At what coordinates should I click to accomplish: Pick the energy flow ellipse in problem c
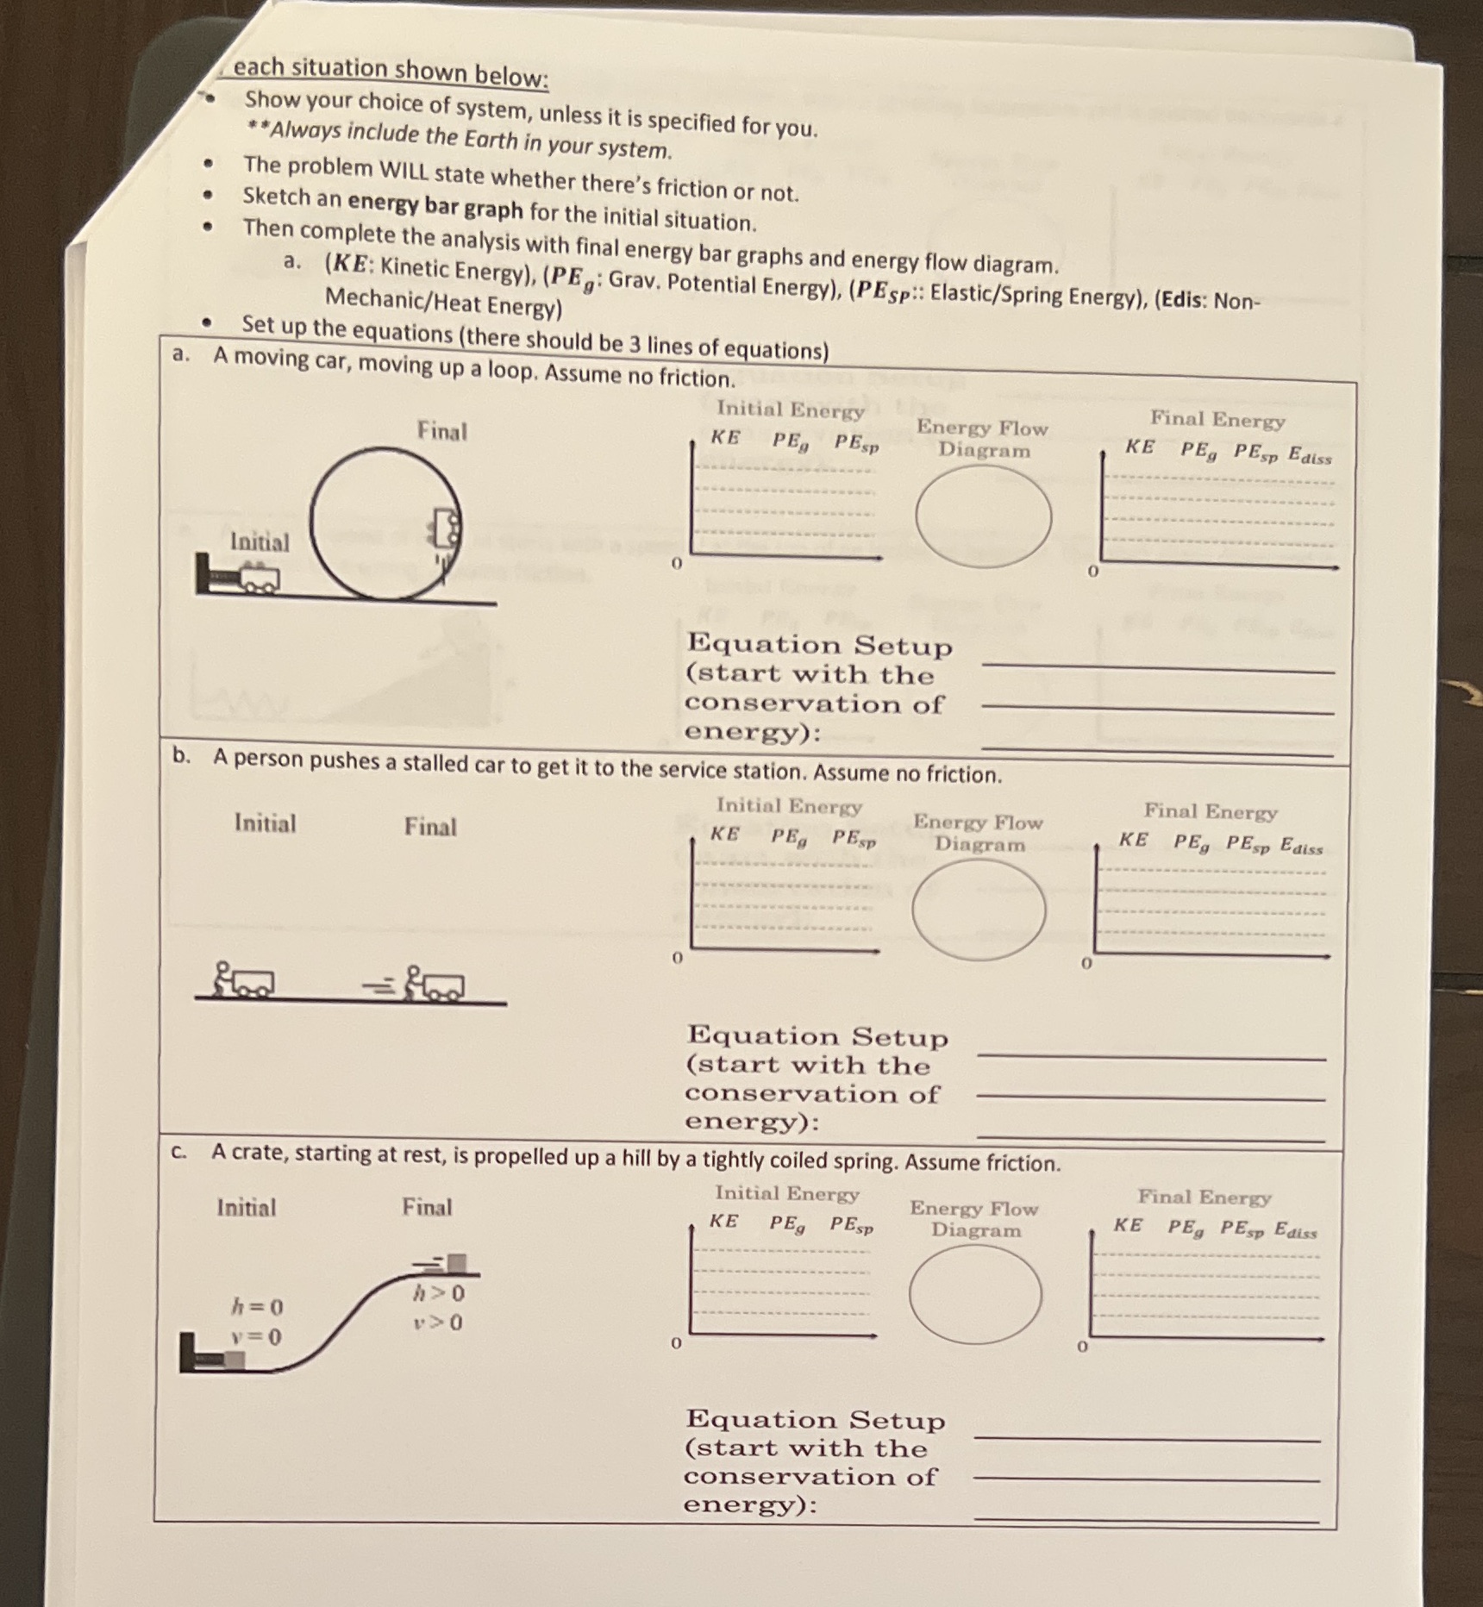[975, 1294]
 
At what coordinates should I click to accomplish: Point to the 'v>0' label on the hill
[437, 1322]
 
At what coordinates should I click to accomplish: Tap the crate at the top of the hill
[457, 1264]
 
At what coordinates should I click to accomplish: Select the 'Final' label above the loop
[441, 431]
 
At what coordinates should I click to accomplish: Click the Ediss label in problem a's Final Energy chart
[1310, 456]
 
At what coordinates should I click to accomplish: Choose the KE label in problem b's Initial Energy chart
[724, 835]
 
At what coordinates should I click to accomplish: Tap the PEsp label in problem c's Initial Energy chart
[852, 1224]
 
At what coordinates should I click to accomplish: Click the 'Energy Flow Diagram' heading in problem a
[983, 438]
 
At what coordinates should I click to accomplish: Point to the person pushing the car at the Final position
[415, 982]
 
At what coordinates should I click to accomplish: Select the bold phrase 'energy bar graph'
[435, 207]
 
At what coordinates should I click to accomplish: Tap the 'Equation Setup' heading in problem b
[817, 1035]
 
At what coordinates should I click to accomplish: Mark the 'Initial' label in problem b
[265, 823]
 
